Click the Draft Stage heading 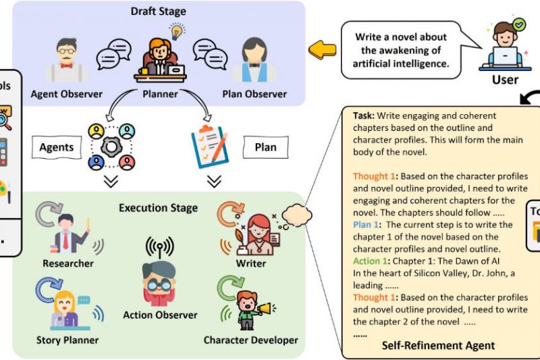[159, 11]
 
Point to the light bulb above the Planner [177, 30]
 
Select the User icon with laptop [504, 47]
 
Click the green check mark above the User [518, 24]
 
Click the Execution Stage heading [159, 207]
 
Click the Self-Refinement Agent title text [439, 345]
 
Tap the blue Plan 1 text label [367, 224]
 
